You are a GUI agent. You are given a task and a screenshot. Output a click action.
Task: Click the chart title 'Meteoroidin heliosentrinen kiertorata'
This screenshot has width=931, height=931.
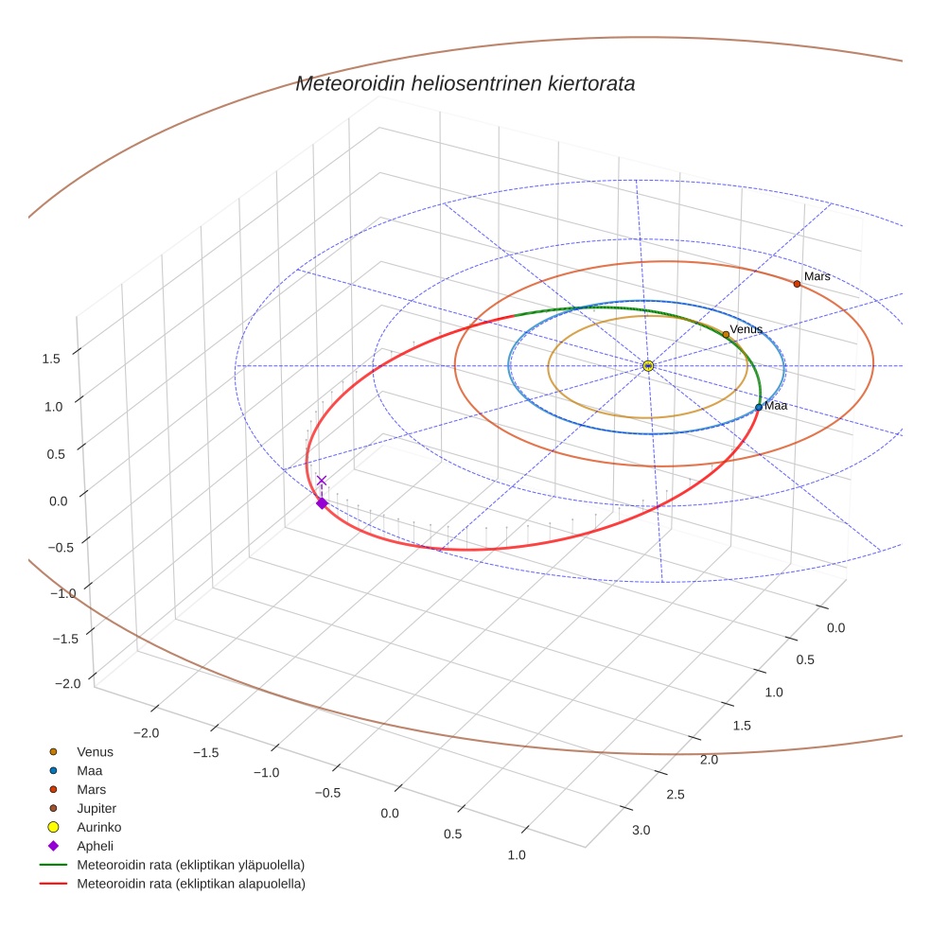pyautogui.click(x=465, y=83)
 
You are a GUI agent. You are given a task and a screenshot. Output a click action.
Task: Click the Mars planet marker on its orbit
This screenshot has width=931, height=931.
pyautogui.click(x=797, y=284)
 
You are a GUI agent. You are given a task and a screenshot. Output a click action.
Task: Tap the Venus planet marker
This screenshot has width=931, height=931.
pyautogui.click(x=726, y=334)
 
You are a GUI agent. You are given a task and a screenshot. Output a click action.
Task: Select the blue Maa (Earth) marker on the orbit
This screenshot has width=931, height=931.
pyautogui.click(x=759, y=407)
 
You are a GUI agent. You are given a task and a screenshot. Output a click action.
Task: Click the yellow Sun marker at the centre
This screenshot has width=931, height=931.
pyautogui.click(x=648, y=365)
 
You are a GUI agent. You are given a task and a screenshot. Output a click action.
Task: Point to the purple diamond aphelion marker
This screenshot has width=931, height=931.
pyautogui.click(x=322, y=503)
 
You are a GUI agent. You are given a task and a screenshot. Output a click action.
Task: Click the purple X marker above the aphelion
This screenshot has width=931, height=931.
pyautogui.click(x=322, y=481)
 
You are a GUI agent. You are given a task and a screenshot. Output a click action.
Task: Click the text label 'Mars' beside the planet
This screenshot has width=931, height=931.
pyautogui.click(x=817, y=276)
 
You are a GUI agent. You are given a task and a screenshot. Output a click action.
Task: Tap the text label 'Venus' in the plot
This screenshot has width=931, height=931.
pyautogui.click(x=746, y=328)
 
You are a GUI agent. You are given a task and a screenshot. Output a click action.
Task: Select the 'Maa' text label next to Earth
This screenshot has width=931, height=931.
pyautogui.click(x=775, y=405)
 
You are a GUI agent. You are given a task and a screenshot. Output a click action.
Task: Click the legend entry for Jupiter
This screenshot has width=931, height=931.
pyautogui.click(x=97, y=808)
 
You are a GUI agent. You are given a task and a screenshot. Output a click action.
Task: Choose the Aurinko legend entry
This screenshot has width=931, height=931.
pyautogui.click(x=98, y=827)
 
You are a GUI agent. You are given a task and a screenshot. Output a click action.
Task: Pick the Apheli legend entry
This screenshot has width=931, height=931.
pyautogui.click(x=95, y=846)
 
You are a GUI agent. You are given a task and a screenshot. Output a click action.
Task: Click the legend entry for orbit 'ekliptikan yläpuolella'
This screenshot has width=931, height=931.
pyautogui.click(x=190, y=865)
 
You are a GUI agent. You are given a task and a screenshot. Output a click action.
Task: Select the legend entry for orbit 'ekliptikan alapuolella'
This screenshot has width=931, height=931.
pyautogui.click(x=190, y=884)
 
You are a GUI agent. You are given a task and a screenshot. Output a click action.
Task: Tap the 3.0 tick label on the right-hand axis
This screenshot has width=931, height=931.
pyautogui.click(x=640, y=831)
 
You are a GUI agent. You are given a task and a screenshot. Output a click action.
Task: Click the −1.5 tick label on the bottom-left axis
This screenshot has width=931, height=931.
pyautogui.click(x=205, y=751)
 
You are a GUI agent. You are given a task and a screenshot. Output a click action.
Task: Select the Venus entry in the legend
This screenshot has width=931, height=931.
pyautogui.click(x=95, y=751)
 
